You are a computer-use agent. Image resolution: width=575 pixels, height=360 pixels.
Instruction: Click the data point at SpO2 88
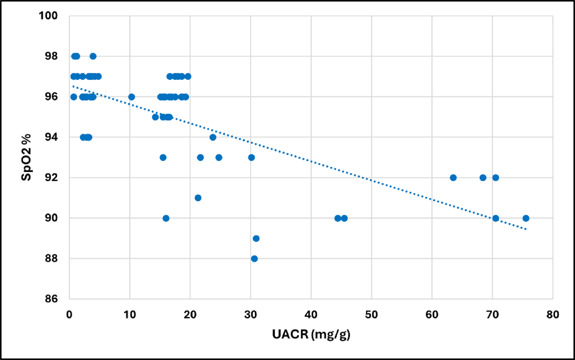coord(254,259)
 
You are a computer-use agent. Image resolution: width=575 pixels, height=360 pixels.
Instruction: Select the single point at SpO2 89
coord(256,238)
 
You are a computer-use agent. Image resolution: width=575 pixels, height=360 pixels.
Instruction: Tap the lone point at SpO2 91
coord(198,198)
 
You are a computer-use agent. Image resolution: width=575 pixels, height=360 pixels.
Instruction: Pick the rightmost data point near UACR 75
coord(526,218)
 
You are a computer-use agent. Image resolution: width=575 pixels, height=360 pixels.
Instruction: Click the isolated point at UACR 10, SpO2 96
coord(132,97)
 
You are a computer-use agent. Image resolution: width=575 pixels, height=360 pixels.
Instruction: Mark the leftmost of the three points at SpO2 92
coord(453,178)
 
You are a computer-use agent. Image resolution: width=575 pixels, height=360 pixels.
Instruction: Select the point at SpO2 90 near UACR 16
coord(166,218)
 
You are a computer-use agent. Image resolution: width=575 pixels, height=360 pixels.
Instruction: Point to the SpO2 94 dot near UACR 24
coord(213,137)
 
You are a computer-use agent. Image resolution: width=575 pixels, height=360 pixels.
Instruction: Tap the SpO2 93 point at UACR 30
coord(251,158)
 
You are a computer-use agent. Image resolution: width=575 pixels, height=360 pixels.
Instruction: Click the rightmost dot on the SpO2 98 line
coord(93,56)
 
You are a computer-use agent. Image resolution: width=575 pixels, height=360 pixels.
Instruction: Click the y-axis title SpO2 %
coord(26,157)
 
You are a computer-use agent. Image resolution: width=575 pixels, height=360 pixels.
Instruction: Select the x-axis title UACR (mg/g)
coord(311,334)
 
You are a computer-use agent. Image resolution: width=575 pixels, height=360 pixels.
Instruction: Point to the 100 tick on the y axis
coord(48,16)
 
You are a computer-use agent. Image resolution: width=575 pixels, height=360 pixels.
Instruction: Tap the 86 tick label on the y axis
coord(51,299)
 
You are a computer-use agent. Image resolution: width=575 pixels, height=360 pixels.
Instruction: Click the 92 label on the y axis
coord(51,178)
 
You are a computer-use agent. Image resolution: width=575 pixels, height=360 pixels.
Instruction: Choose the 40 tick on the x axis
coord(311,315)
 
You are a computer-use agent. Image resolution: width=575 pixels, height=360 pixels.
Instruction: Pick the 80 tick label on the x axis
coord(553,315)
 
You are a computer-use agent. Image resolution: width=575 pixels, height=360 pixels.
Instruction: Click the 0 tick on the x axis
coord(70,315)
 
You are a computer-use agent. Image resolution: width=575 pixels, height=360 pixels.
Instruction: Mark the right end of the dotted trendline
coord(526,229)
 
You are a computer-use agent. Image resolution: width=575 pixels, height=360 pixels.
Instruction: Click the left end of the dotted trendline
coord(73,86)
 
